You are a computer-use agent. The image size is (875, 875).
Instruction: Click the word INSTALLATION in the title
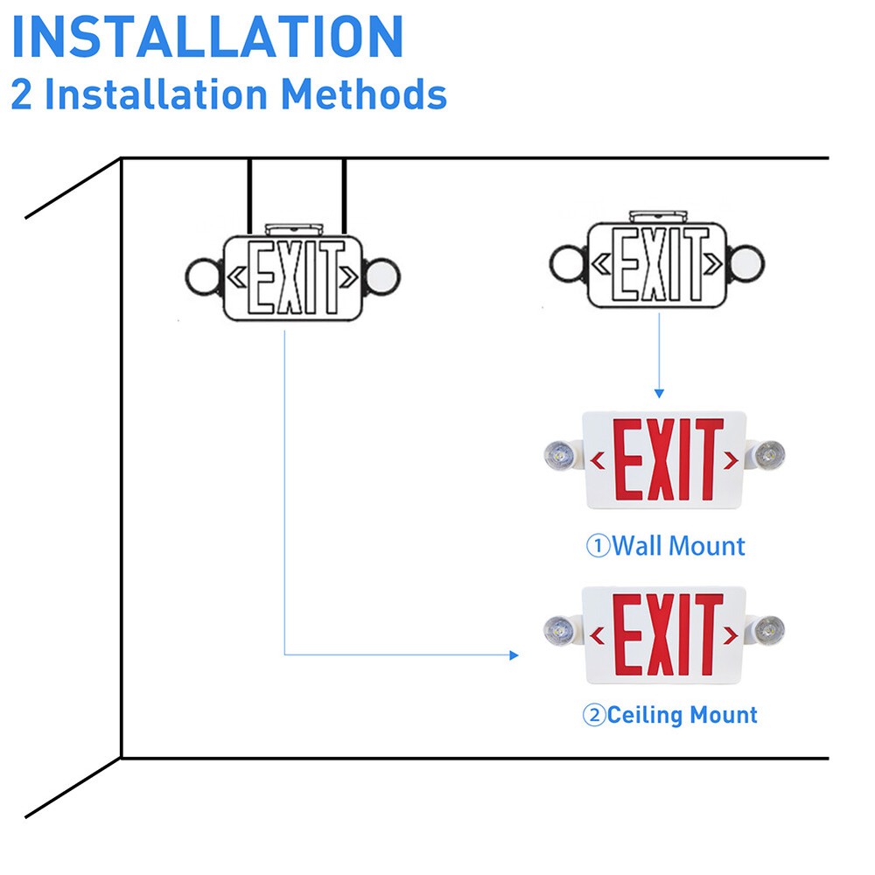[x=207, y=37]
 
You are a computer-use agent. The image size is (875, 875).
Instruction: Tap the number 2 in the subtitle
[x=21, y=94]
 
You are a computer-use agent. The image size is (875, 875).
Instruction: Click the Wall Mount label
[x=678, y=546]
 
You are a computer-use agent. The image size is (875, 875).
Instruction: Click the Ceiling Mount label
[x=682, y=715]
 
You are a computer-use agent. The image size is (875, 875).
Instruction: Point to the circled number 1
[x=597, y=547]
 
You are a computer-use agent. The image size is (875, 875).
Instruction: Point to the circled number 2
[x=594, y=716]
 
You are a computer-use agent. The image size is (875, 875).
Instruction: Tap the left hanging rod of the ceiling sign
[x=250, y=197]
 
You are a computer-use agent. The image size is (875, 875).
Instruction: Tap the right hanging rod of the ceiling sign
[x=345, y=197]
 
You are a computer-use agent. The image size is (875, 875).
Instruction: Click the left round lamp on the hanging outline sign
[x=202, y=276]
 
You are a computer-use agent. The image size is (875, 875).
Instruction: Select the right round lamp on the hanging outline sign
[x=382, y=276]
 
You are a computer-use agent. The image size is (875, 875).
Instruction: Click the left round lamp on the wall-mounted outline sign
[x=567, y=262]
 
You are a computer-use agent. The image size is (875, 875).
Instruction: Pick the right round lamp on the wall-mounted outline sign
[x=746, y=261]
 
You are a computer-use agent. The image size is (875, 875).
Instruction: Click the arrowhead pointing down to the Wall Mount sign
[x=659, y=393]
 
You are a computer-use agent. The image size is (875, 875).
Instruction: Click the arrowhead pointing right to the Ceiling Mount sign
[x=514, y=654]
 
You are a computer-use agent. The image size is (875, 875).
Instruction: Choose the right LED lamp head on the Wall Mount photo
[x=767, y=454]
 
